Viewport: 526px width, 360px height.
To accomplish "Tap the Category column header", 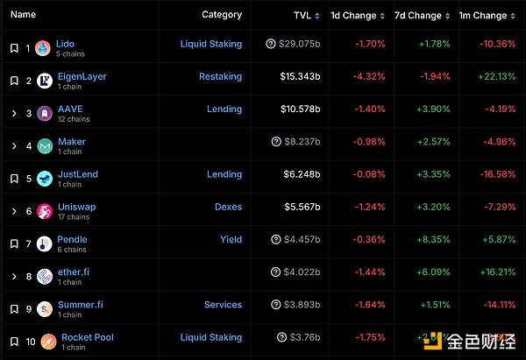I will point(222,15).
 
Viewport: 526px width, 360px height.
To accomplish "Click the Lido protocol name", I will point(65,43).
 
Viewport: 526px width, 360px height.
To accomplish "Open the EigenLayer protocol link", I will point(82,76).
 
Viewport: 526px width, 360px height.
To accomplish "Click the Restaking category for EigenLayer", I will point(220,76).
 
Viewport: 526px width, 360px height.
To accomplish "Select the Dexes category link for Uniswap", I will point(228,207).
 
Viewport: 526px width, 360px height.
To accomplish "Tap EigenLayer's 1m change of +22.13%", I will point(493,76).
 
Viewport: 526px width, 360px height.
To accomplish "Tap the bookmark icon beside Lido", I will point(13,48).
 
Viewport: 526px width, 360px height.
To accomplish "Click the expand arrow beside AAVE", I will point(13,113).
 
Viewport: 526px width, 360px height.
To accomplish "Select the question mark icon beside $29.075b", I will point(271,43).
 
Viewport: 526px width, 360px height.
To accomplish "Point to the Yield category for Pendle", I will point(231,239).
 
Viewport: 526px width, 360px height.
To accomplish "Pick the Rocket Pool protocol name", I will point(87,337).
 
